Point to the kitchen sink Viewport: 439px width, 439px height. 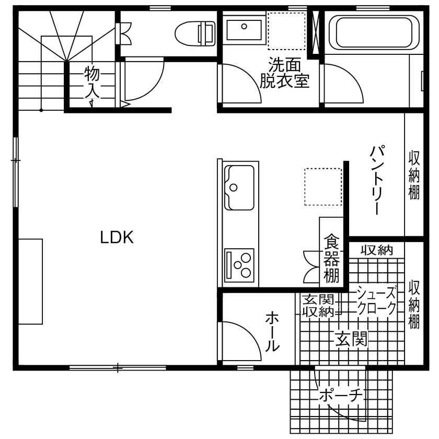click(239, 187)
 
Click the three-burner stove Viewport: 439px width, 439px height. click(239, 263)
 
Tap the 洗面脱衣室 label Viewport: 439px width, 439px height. click(285, 73)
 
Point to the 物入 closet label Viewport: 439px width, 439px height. click(92, 81)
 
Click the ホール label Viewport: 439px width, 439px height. click(272, 331)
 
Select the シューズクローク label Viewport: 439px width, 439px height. click(376, 299)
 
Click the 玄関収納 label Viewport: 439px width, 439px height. click(318, 306)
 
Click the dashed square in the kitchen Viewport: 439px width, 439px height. click(323, 187)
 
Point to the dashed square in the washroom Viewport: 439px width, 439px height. click(286, 31)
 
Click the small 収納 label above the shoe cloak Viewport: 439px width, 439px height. click(376, 250)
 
